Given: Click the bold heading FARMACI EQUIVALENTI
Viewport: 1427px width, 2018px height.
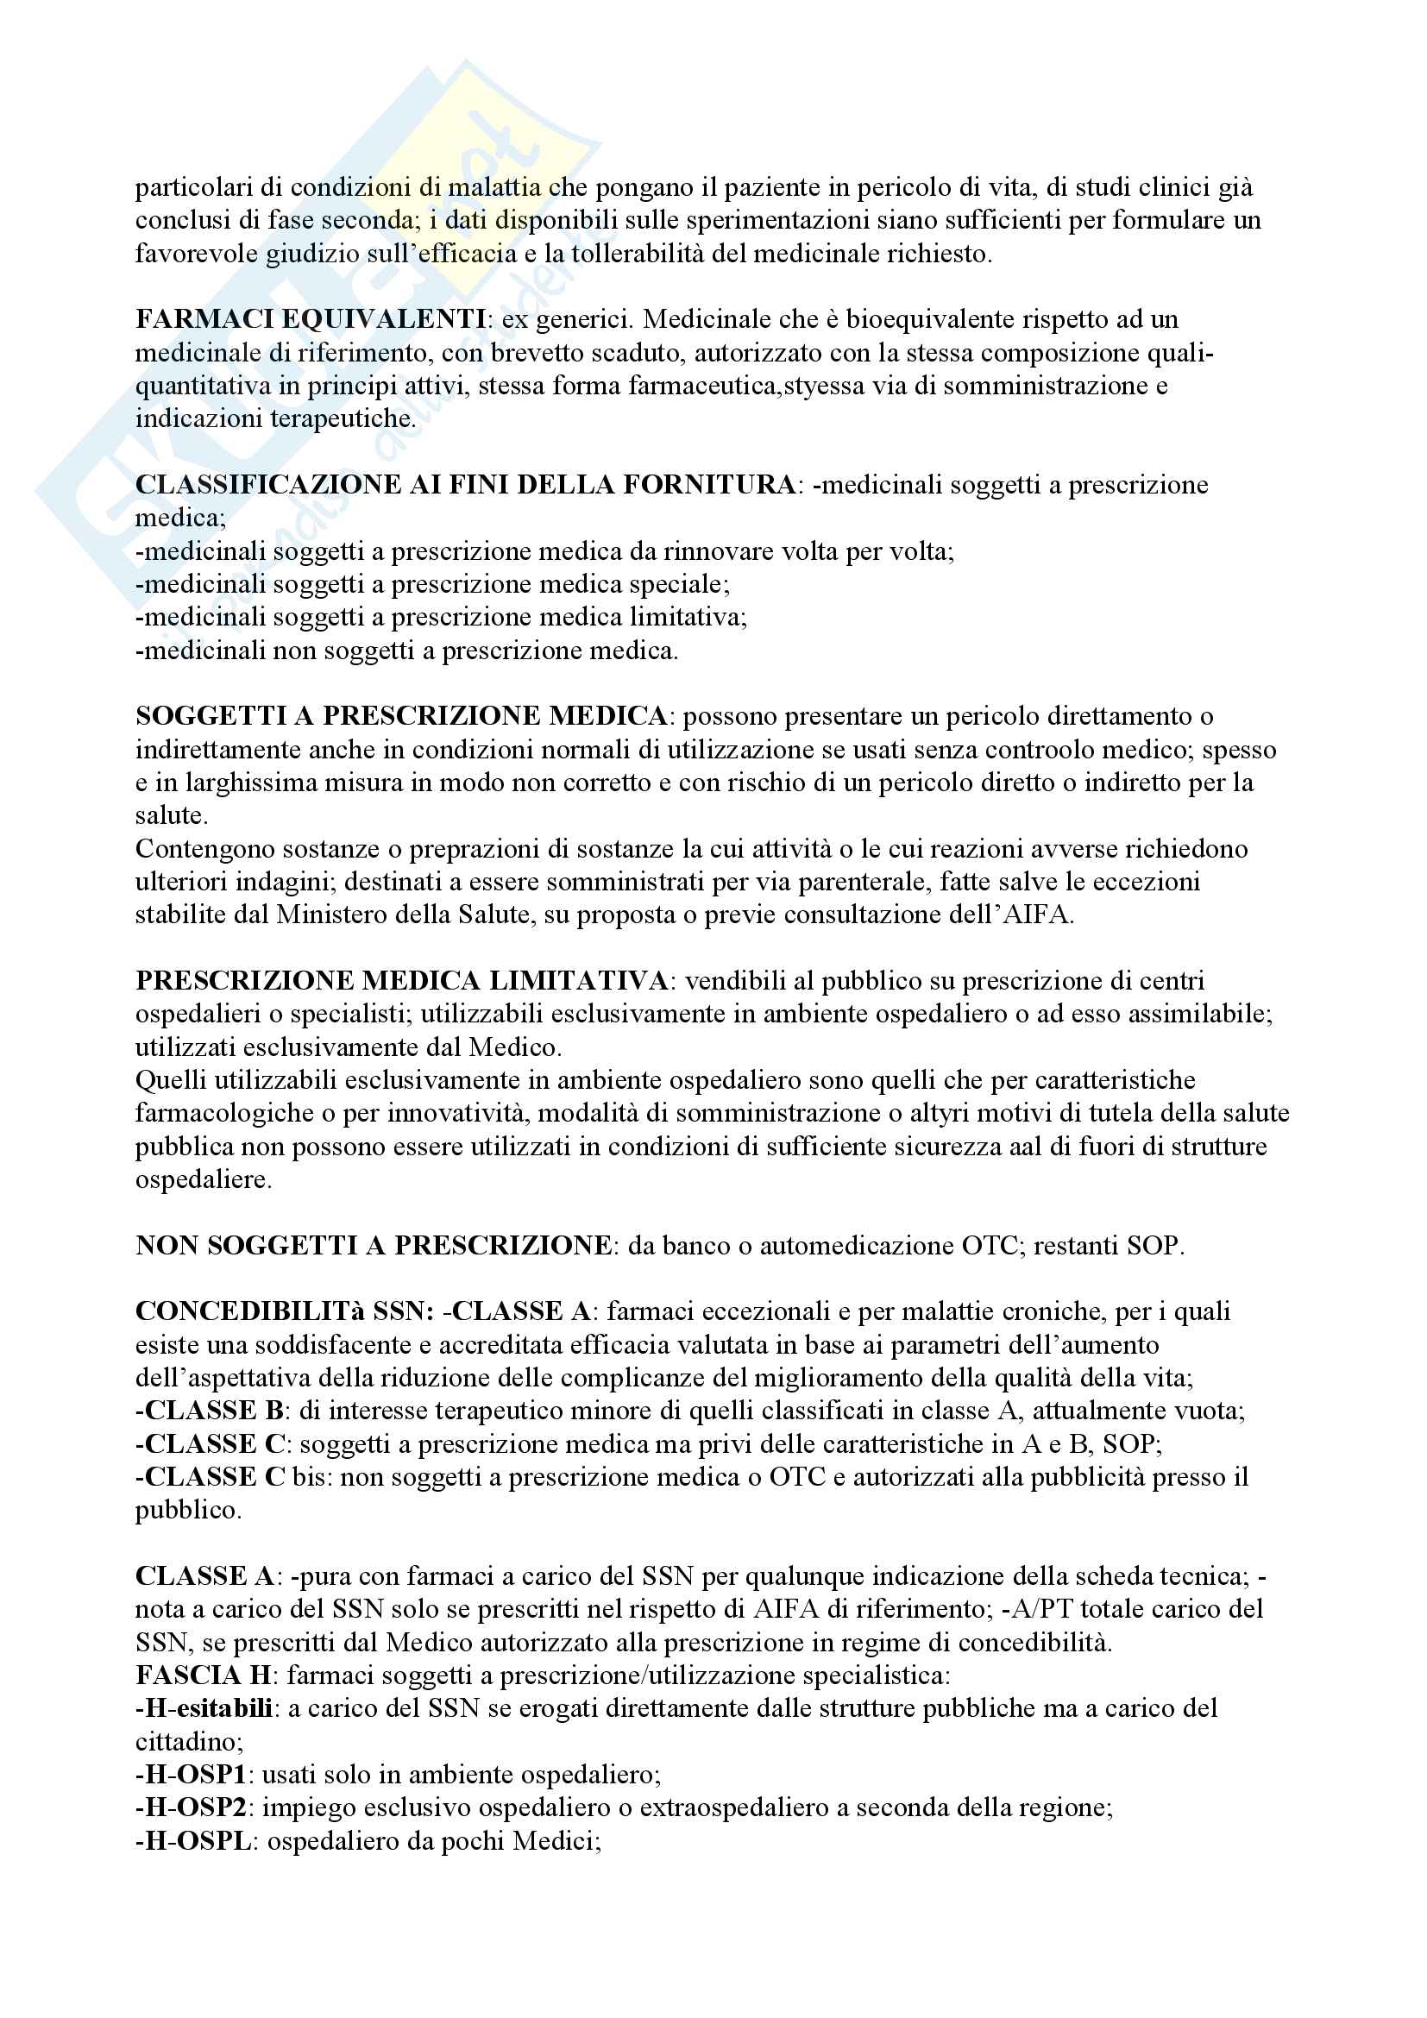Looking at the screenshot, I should (x=311, y=319).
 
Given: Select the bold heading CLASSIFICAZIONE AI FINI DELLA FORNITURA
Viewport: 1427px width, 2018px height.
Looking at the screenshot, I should (x=465, y=484).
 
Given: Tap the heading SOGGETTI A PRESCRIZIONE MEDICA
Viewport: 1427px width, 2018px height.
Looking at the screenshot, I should (x=401, y=716).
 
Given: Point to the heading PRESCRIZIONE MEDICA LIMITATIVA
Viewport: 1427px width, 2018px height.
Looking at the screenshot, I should (x=401, y=981).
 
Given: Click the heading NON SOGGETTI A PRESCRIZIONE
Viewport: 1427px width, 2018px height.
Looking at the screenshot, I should (x=374, y=1246).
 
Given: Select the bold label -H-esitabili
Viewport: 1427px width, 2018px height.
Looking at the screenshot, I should (x=204, y=1708).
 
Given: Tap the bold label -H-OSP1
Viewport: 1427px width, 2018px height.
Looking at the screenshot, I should (x=191, y=1775).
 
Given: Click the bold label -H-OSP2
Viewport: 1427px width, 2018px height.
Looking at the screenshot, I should (x=191, y=1808).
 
